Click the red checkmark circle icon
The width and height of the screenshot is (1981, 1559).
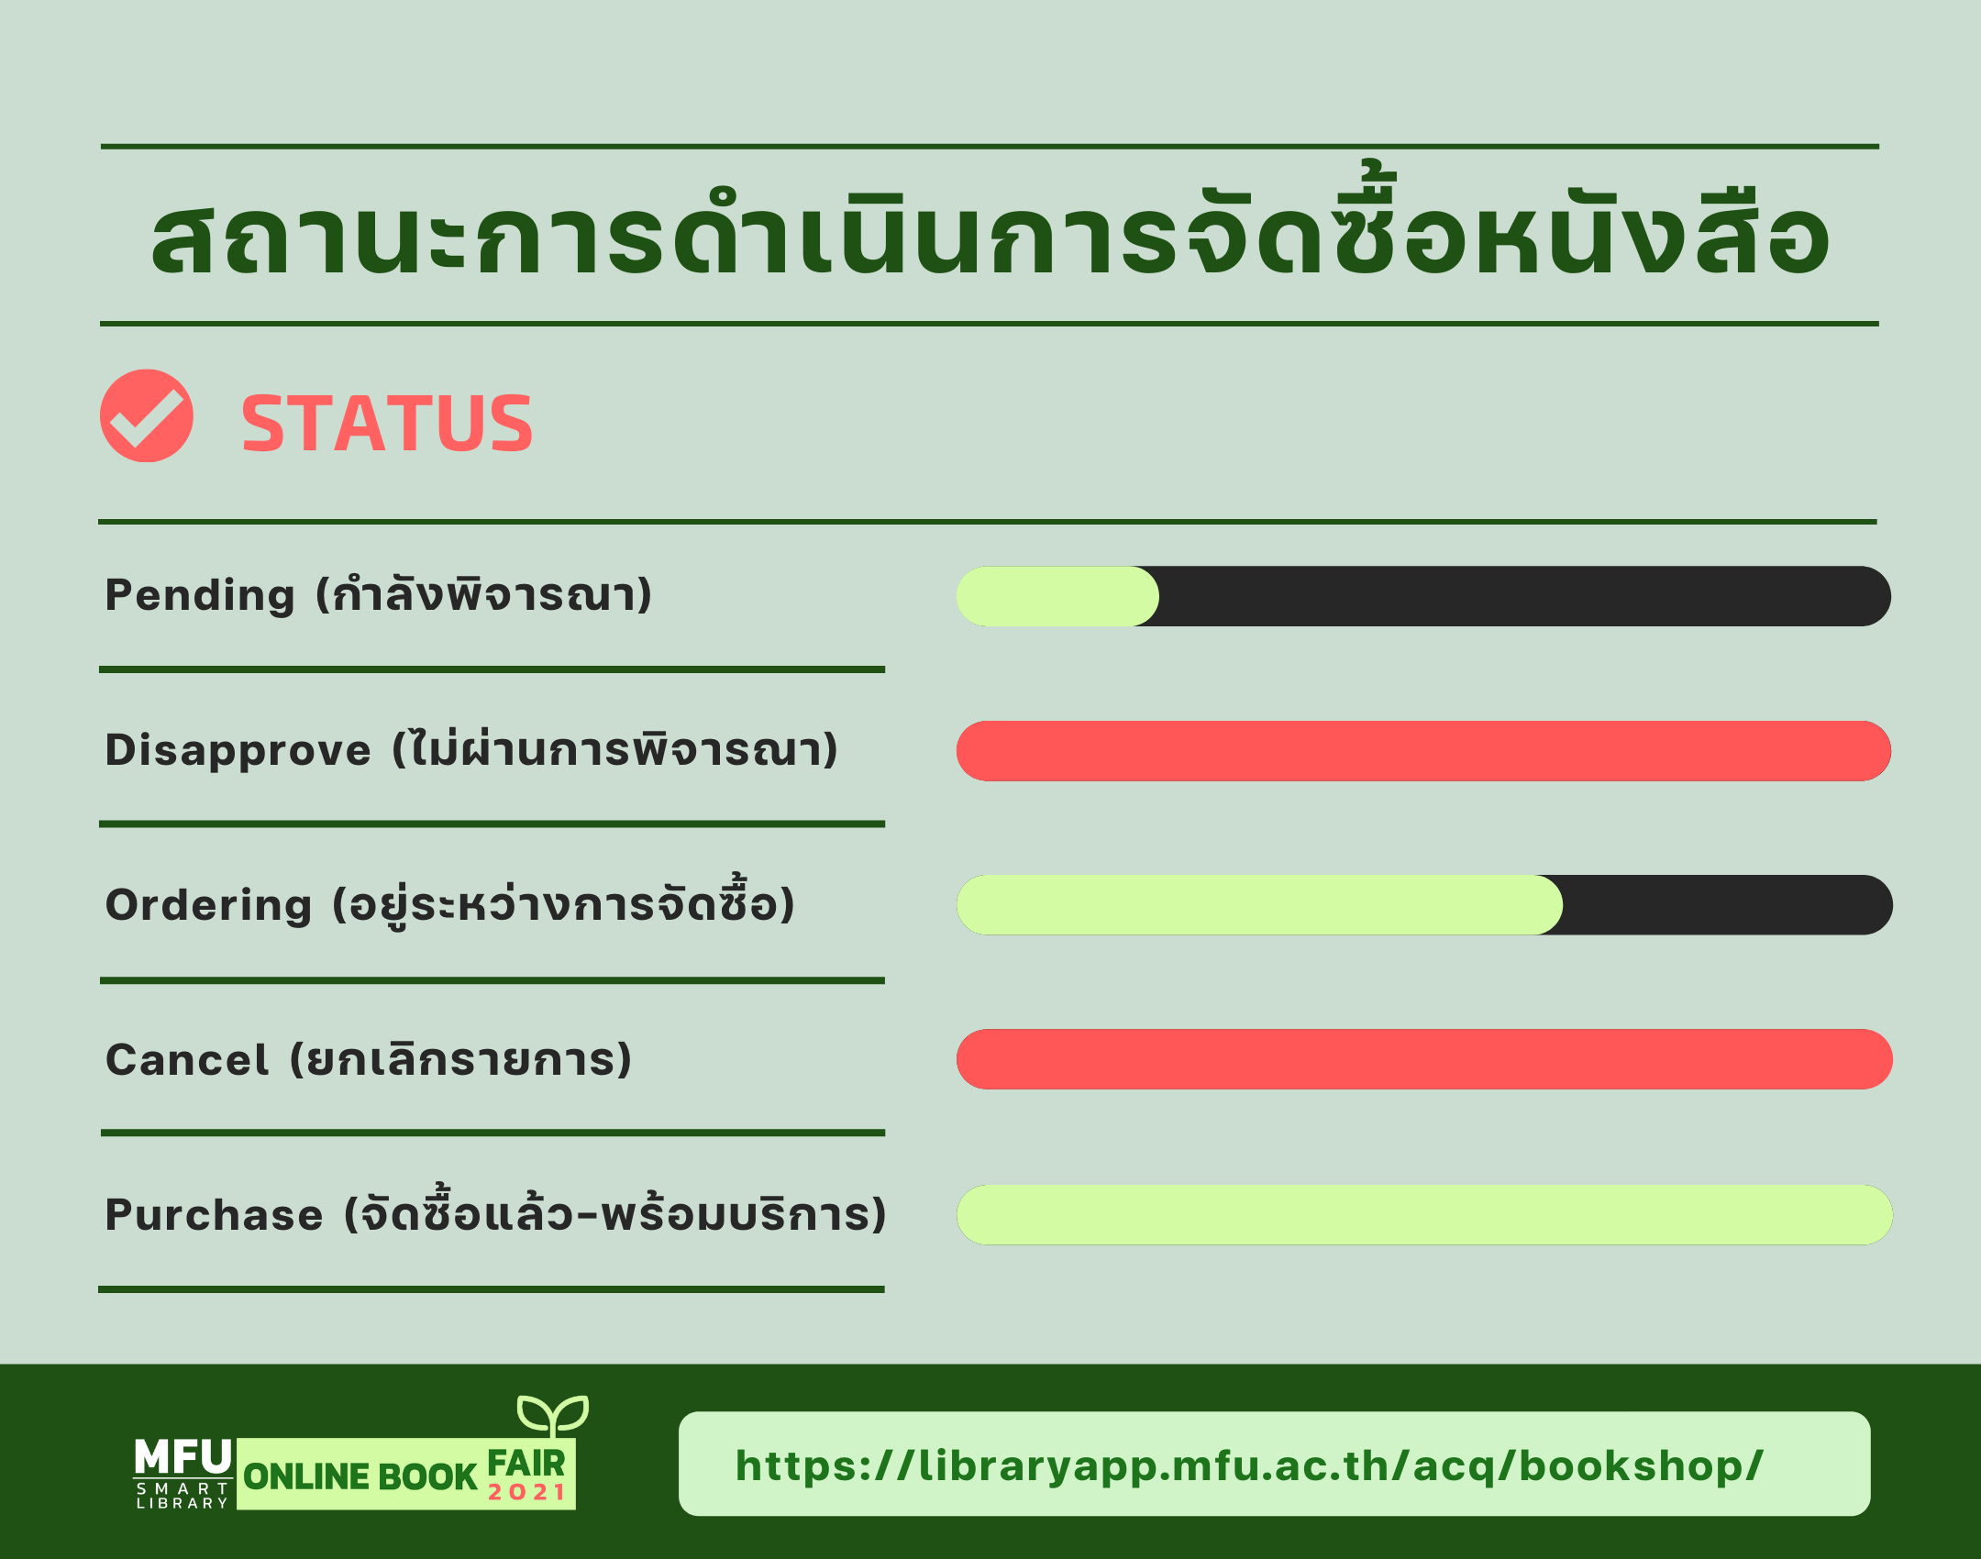coord(147,415)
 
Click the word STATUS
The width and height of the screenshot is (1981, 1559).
coord(387,423)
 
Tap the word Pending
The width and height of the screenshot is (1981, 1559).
coord(200,596)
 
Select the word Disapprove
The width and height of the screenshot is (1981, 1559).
coord(238,751)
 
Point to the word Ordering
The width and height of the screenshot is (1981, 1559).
coord(209,906)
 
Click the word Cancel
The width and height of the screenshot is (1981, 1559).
coord(187,1060)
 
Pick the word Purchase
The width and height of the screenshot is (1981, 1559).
coord(215,1215)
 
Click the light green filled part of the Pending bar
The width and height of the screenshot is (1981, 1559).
coord(1057,596)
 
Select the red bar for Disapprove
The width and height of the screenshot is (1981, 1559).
coord(1423,751)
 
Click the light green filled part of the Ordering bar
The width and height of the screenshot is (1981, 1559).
coord(1259,905)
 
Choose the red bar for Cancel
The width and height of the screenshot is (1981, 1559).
coord(1424,1059)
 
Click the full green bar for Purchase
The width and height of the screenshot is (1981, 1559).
coord(1424,1215)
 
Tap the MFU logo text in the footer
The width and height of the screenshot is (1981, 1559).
coord(183,1457)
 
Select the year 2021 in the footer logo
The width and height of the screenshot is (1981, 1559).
coord(526,1492)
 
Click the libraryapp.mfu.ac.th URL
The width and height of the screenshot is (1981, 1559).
coord(1249,1465)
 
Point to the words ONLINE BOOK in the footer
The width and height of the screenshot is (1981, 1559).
coord(360,1476)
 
